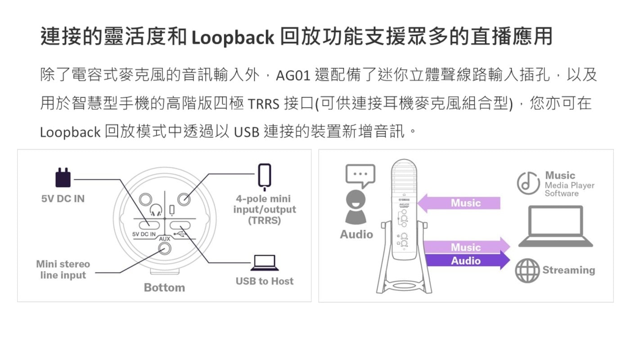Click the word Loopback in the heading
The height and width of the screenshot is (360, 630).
coord(232,37)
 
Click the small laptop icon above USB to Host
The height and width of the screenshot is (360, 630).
coord(264,263)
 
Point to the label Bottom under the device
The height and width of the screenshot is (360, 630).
coord(164,288)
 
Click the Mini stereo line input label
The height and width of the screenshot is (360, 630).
coord(63,270)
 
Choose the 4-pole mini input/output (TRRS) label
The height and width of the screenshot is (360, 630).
coord(265,210)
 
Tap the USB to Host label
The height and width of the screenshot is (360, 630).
coord(264,281)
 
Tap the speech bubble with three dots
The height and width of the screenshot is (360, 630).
coord(360,175)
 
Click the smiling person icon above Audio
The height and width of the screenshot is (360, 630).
coord(356,207)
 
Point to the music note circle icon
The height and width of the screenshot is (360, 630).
coord(528,183)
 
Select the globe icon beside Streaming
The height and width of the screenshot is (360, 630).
coord(527,270)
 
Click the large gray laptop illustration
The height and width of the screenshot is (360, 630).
coord(556,226)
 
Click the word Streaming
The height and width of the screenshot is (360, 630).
coord(568,270)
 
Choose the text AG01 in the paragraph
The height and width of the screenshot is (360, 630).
coord(293,76)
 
